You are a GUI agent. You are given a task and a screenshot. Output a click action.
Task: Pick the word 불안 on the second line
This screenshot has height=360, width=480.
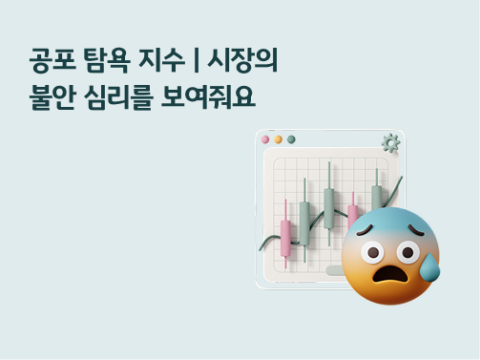[x=49, y=97]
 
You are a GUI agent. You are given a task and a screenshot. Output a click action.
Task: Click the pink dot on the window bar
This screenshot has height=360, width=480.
[x=266, y=139]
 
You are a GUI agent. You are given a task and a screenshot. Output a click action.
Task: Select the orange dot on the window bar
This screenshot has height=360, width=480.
[x=279, y=139]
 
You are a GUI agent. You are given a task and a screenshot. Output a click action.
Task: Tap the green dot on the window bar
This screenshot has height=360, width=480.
[x=291, y=139]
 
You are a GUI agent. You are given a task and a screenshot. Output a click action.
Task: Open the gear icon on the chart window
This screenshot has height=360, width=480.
[x=389, y=143]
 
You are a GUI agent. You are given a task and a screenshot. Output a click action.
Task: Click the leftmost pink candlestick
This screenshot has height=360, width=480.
[x=285, y=232]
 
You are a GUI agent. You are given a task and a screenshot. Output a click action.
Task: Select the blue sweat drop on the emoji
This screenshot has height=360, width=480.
[x=429, y=267]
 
